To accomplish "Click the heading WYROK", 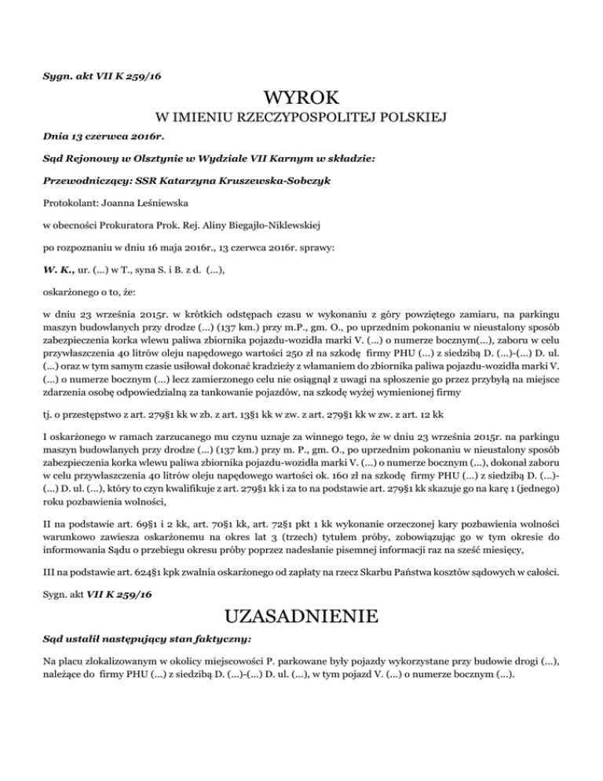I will tap(301, 98).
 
